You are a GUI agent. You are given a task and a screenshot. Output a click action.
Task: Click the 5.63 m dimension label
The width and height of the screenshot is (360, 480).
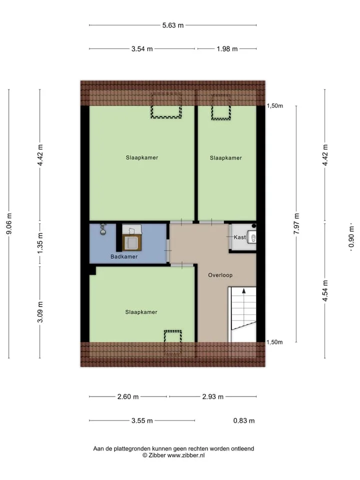(x=173, y=25)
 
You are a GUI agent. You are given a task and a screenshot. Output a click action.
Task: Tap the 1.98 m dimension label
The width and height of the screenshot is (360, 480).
(x=227, y=49)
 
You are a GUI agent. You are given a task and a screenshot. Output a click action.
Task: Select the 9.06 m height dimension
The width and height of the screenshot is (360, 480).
(x=9, y=224)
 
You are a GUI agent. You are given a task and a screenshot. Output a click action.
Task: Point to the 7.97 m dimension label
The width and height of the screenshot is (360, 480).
(x=296, y=224)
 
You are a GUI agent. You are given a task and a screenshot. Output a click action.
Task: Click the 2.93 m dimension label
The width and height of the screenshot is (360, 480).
(x=213, y=396)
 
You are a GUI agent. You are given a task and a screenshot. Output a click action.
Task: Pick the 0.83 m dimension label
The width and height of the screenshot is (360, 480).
(x=244, y=420)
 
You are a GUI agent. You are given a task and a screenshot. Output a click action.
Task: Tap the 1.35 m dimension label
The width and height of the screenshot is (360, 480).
(x=40, y=243)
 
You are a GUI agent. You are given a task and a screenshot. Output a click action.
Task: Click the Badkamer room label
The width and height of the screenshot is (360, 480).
(x=124, y=257)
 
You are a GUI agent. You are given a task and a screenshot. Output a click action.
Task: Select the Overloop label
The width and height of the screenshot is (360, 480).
(x=220, y=275)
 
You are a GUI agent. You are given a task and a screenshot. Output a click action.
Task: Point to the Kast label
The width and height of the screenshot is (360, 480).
(x=239, y=237)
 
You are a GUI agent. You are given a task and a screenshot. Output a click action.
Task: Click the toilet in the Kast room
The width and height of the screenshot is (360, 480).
(x=252, y=237)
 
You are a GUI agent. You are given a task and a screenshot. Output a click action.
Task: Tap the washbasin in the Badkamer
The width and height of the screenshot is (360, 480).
(x=103, y=229)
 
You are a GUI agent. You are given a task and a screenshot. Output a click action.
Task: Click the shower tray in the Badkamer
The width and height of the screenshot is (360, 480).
(x=132, y=242)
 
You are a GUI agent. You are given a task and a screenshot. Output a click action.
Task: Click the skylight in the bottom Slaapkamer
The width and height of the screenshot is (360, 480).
(x=173, y=342)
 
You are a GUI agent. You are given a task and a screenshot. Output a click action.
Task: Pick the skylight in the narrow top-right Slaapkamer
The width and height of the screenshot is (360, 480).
(x=220, y=107)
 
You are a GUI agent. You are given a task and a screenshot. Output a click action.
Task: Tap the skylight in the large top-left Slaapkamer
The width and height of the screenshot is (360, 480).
(x=166, y=105)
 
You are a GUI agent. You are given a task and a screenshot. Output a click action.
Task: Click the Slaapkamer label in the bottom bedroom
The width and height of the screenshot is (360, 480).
(x=141, y=312)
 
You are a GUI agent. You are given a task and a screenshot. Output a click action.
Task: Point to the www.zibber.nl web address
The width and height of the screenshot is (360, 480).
(x=186, y=455)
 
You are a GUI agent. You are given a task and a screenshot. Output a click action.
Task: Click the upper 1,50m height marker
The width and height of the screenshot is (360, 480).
(x=275, y=106)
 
